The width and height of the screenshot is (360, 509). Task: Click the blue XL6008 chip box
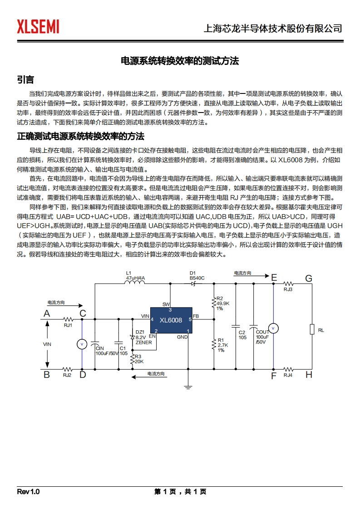[x=171, y=320]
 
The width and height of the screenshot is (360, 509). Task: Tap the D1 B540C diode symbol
[x=193, y=284]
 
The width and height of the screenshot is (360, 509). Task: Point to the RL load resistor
[x=312, y=329]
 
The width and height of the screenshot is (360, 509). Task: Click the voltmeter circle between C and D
[x=82, y=344]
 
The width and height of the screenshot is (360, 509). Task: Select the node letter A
[x=46, y=313]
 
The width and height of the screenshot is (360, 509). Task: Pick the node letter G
[x=309, y=278]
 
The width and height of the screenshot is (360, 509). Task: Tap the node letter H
[x=309, y=375]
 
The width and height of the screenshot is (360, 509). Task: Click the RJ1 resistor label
[x=68, y=325]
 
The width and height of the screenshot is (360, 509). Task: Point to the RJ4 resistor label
[x=288, y=375]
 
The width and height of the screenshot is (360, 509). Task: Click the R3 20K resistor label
[x=138, y=359]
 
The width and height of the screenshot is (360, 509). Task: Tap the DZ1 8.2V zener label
[x=141, y=338]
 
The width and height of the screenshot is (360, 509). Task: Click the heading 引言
[x=25, y=80]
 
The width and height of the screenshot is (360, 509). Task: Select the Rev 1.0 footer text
[x=29, y=492]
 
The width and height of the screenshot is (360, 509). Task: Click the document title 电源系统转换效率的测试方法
[x=179, y=61]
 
